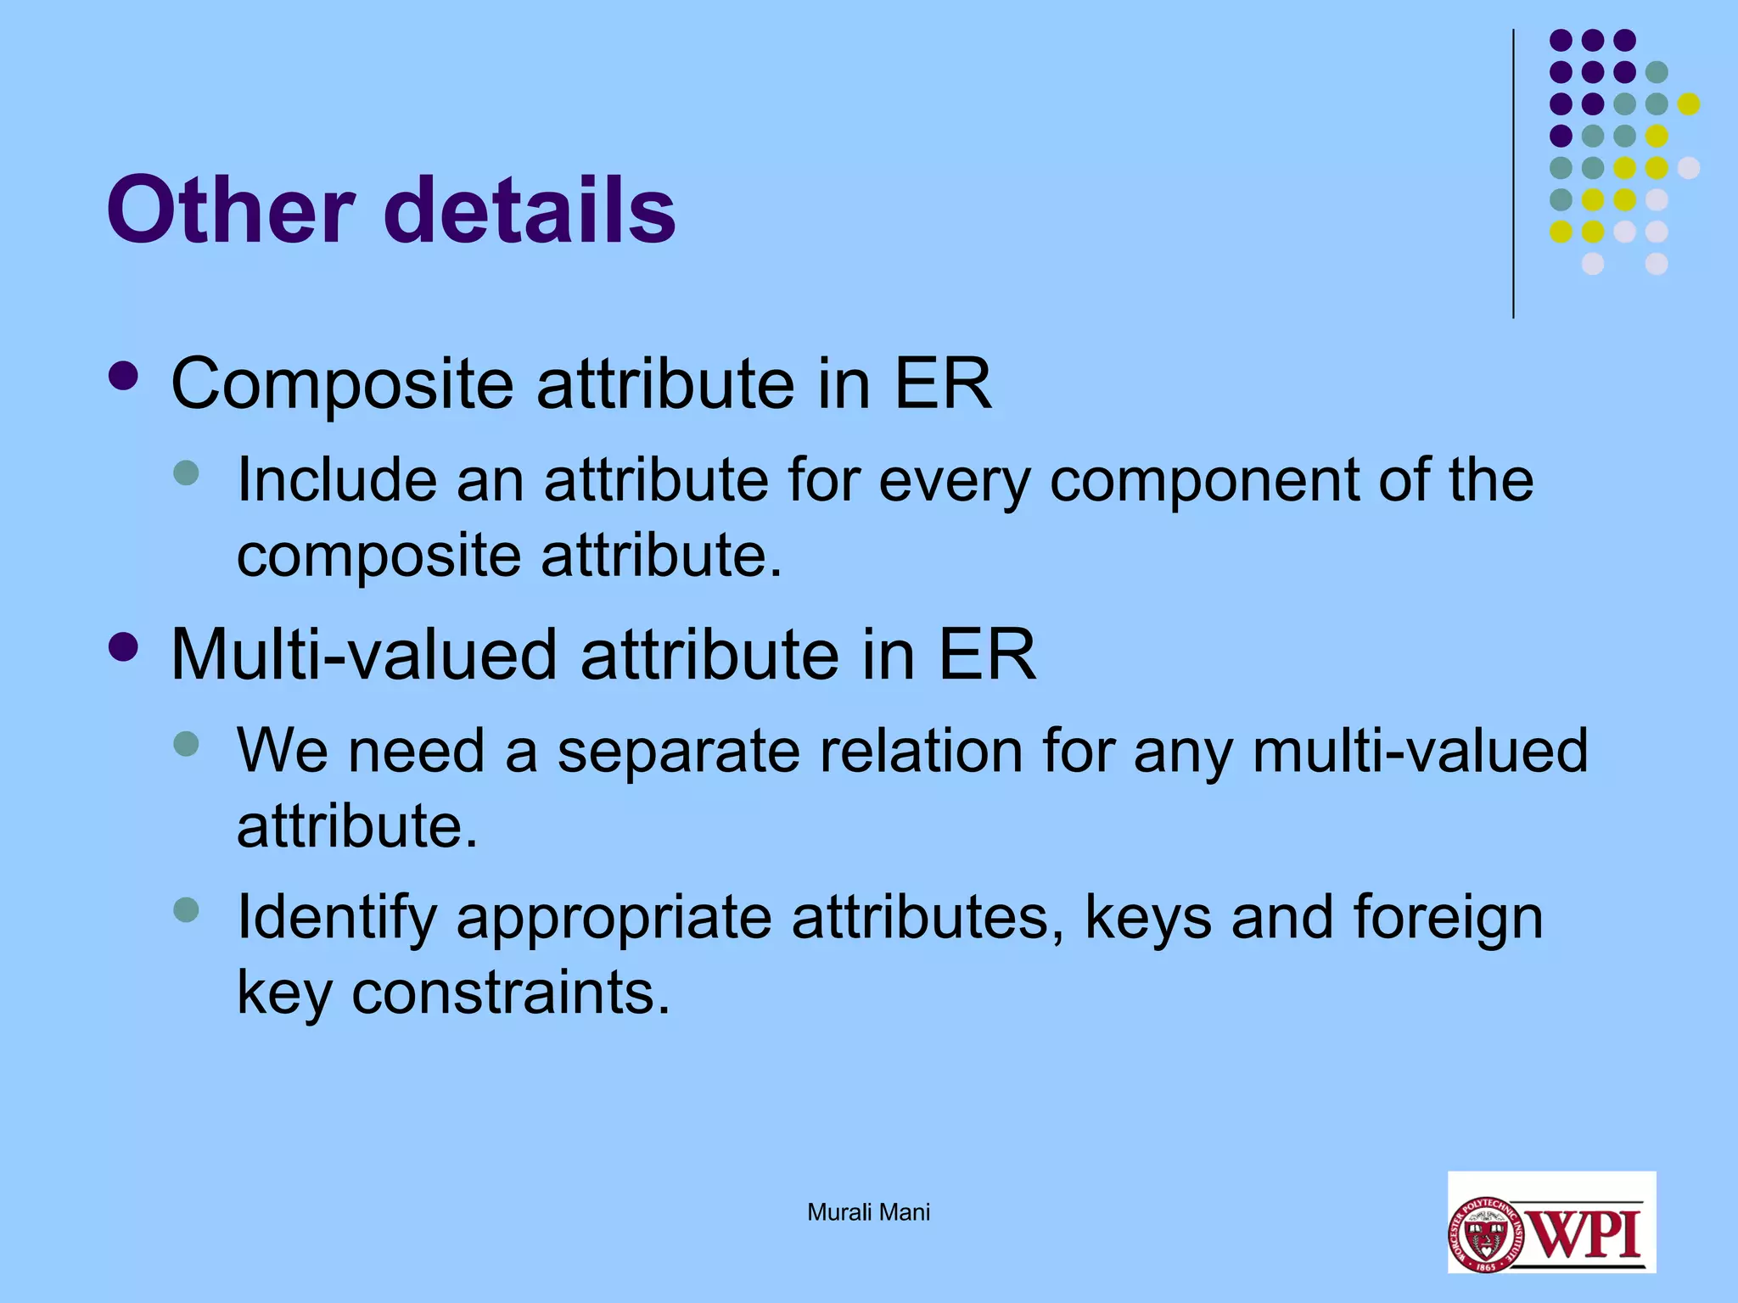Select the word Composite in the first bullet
coord(342,384)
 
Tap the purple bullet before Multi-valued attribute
coord(124,648)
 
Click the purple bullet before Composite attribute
coord(124,377)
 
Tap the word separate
coord(678,752)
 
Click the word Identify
coord(336,918)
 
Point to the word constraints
coord(511,993)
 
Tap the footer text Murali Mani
coord(868,1212)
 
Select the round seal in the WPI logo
coord(1485,1234)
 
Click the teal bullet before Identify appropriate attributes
coord(186,910)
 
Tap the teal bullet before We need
coord(186,744)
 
